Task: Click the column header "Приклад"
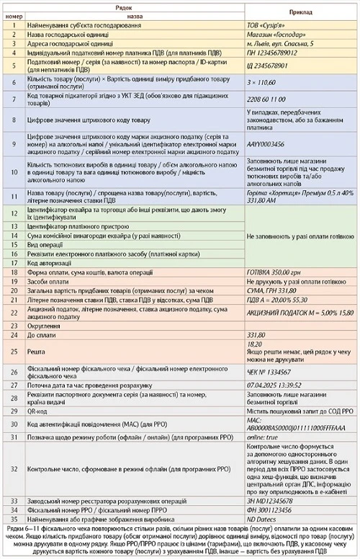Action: (x=300, y=12)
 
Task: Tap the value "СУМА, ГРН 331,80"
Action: (x=273, y=291)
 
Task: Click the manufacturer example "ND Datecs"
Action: (x=261, y=519)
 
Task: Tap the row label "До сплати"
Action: (x=41, y=336)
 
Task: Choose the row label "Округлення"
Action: (x=44, y=326)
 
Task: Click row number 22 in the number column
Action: (x=14, y=312)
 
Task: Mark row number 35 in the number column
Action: (x=14, y=519)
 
